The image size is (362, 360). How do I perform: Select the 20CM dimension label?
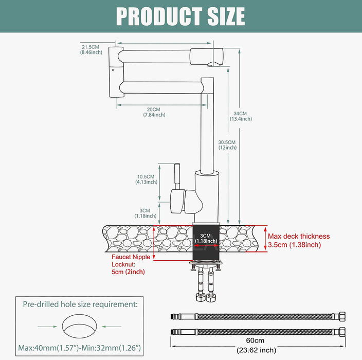coord(154,109)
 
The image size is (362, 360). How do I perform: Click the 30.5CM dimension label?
coord(227,142)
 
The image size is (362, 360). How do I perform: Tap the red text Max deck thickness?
coord(299,236)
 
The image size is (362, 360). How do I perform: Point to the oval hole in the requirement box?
coord(80,326)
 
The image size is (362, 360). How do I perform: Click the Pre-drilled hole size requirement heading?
coord(80,304)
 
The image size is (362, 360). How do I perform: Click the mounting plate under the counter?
coord(207,264)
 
